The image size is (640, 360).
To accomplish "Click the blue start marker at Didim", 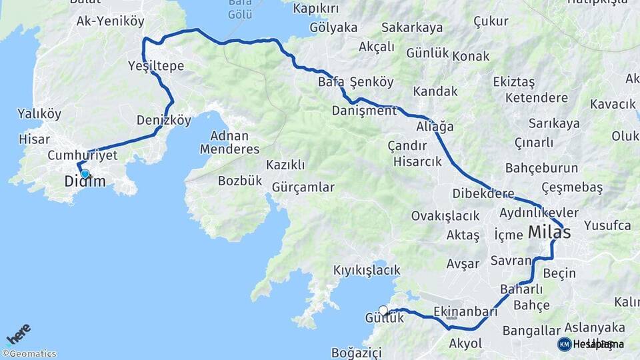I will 85,174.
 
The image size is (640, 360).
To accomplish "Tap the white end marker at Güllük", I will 383,309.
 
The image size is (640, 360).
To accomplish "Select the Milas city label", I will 549,233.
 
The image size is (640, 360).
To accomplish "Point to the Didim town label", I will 85,182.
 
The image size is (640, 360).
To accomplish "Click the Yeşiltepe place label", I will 156,65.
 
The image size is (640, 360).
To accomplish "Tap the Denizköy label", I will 164,121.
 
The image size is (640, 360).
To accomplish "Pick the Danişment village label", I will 364,111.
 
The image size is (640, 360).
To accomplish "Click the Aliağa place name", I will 435,126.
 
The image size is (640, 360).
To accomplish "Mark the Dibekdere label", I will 483,195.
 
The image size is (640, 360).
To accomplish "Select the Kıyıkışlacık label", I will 367,270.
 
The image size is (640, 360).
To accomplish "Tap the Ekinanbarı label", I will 465,311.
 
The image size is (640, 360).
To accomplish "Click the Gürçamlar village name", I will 303,187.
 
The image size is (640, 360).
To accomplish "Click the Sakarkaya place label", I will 412,27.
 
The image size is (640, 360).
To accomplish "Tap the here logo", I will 18,334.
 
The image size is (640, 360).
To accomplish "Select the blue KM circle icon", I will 565,344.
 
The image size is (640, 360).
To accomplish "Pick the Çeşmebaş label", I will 572,187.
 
